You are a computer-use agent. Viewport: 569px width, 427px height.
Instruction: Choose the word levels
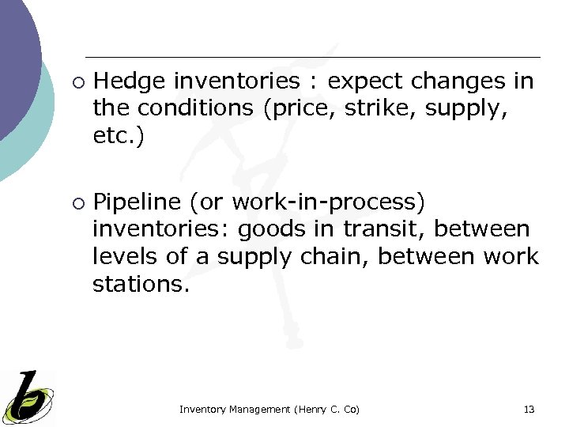(x=122, y=257)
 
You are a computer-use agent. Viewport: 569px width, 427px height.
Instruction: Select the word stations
(x=140, y=284)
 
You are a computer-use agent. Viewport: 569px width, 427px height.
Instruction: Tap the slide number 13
(x=529, y=410)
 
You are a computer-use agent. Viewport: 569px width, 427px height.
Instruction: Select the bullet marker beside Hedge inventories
(x=77, y=81)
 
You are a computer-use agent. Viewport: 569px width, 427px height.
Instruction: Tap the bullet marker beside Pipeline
(x=77, y=203)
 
